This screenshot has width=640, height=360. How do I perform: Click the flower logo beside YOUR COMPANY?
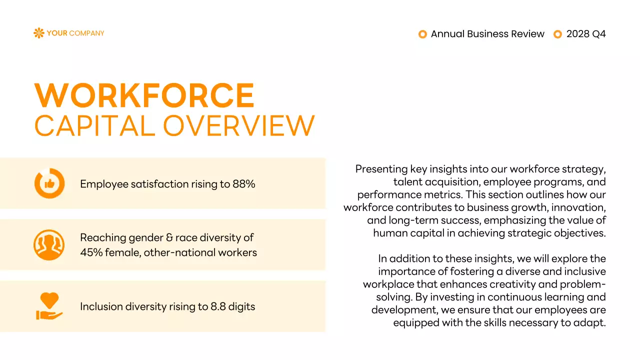coord(38,33)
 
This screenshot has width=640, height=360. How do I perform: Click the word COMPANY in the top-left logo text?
coord(86,33)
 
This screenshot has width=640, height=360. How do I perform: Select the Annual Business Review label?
coord(487,34)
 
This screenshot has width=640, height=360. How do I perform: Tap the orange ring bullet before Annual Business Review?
coord(422,34)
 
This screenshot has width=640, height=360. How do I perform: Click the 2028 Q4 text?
coord(586,34)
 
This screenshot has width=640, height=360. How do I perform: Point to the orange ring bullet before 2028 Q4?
coord(558,34)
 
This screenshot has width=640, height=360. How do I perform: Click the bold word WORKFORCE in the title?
coord(144,95)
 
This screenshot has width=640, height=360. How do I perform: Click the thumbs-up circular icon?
coord(49,183)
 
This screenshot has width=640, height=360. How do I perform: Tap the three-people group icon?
coord(49,245)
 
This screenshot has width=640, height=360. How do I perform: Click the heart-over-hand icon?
coord(49,306)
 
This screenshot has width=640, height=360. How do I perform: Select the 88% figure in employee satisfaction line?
coord(244,184)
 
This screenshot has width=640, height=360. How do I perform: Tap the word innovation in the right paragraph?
coord(577,207)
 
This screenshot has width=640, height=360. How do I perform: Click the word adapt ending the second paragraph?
coord(591,322)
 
